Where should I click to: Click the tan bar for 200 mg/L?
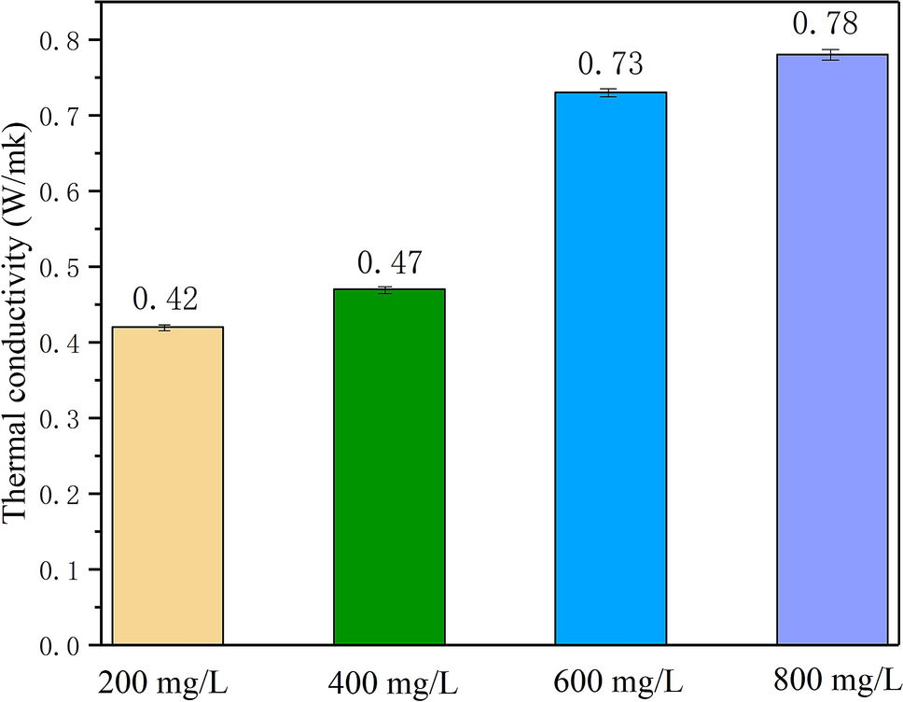click(167, 485)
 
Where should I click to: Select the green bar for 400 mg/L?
click(389, 467)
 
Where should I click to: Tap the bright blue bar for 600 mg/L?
click(610, 368)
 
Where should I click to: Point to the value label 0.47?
click(389, 260)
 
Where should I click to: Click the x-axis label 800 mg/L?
click(832, 676)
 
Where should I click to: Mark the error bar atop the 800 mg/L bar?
click(832, 55)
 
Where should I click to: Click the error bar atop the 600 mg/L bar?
click(610, 92)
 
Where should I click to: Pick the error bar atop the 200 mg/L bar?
click(167, 328)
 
